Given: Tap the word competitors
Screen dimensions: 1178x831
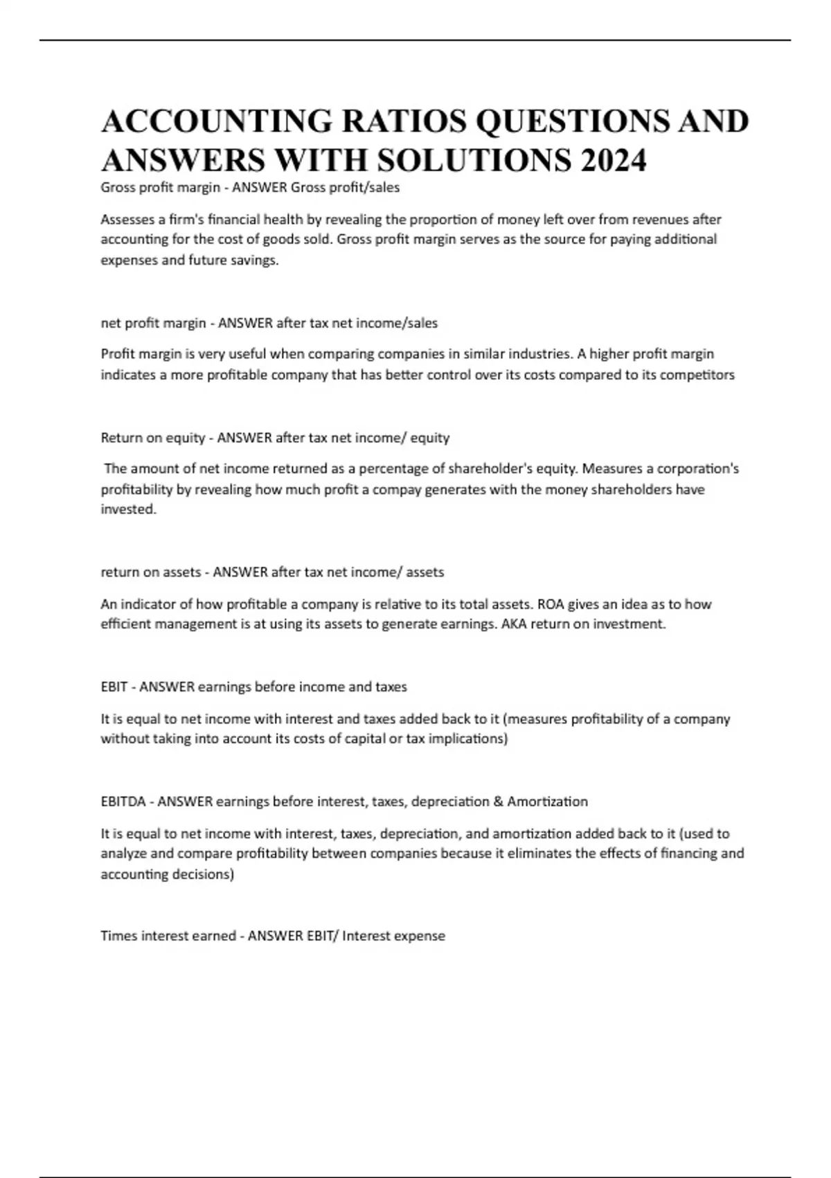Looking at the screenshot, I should click(697, 375).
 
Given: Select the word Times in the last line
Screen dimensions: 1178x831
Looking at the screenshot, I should click(119, 936).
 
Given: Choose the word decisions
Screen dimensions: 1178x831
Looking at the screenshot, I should click(206, 874).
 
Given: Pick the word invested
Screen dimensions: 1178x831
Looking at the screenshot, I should click(128, 509).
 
